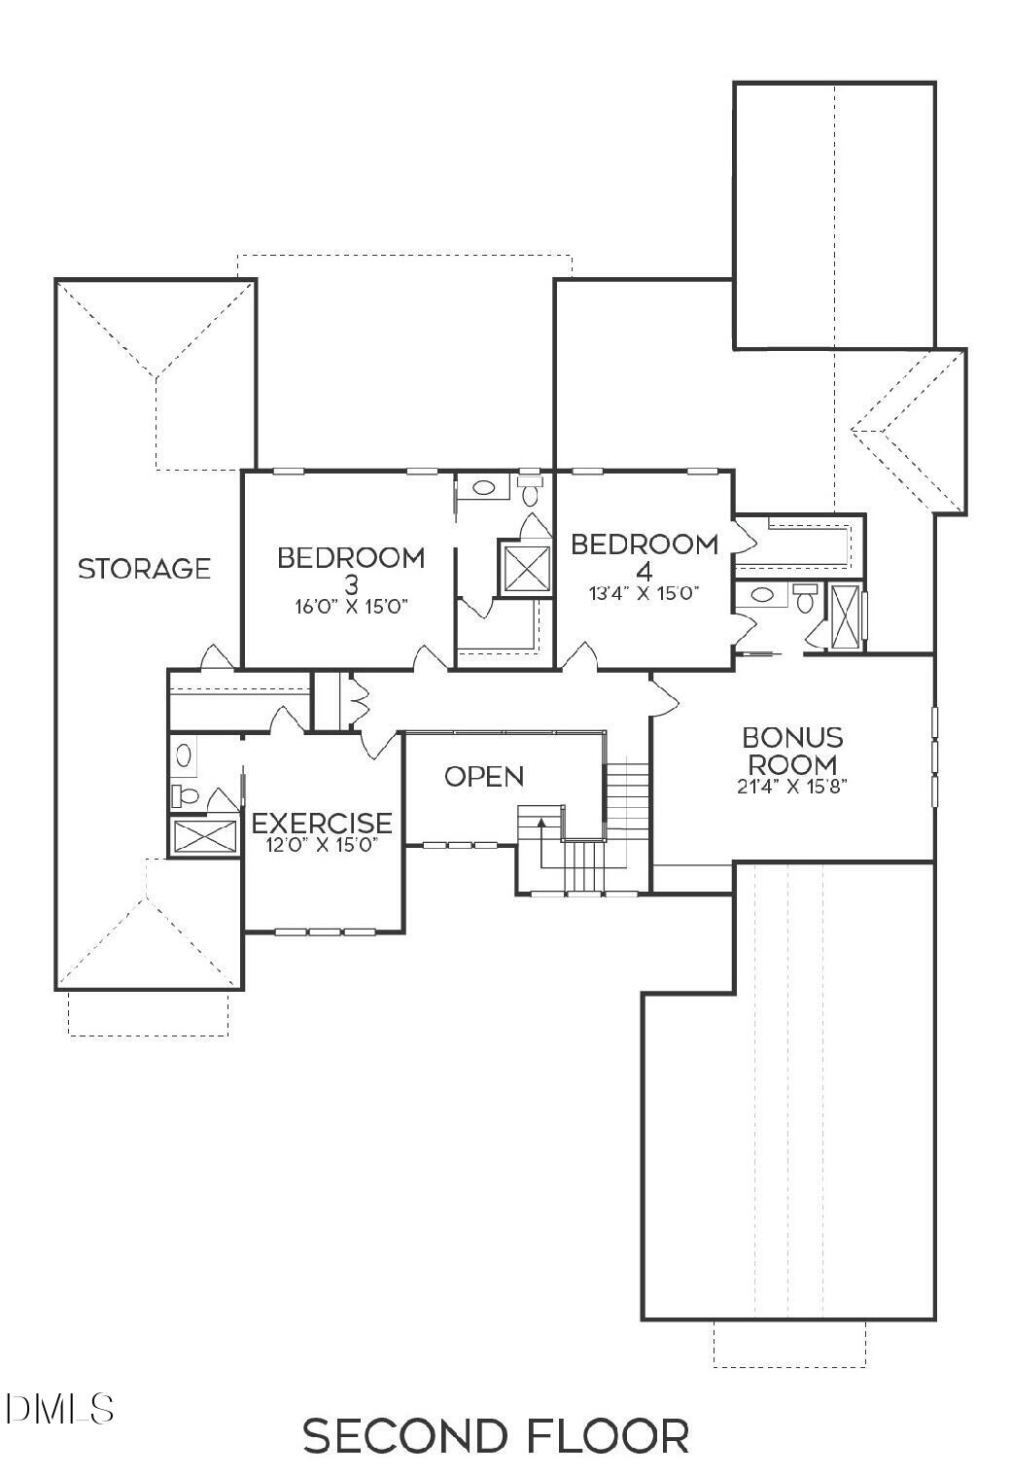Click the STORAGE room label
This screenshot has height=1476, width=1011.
(x=144, y=568)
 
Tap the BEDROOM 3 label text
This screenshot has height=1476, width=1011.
(x=351, y=569)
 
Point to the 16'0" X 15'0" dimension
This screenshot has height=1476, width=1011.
(x=351, y=606)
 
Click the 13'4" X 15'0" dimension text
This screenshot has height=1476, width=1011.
(x=644, y=592)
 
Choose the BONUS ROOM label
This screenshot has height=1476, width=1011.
(x=792, y=750)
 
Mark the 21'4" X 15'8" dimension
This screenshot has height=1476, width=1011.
(x=792, y=787)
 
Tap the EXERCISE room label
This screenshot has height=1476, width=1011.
(x=322, y=823)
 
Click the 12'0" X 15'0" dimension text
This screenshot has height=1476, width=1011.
(x=322, y=845)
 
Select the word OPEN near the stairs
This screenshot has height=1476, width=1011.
(x=484, y=776)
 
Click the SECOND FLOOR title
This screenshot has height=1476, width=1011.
(x=496, y=1436)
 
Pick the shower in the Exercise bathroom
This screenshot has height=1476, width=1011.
(x=203, y=836)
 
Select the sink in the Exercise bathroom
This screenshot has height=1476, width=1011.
(x=183, y=754)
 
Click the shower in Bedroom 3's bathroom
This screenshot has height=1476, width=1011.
(x=525, y=568)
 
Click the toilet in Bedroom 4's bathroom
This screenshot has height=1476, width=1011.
(x=804, y=598)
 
